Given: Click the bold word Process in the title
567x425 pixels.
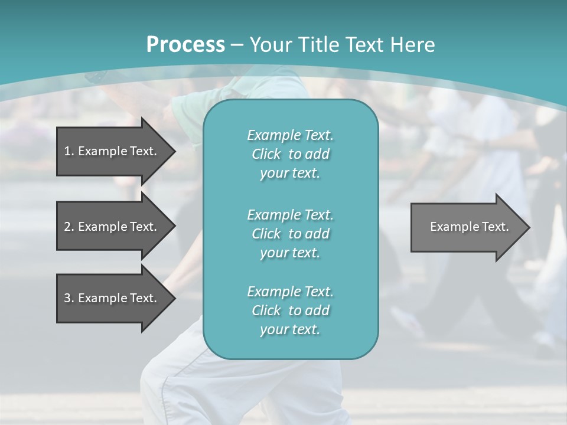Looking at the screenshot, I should pos(185,45).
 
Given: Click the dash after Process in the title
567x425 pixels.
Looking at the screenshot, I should pos(237,45).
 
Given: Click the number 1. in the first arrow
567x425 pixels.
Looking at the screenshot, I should pos(69,151).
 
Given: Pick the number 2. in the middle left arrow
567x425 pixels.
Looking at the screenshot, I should pos(69,227).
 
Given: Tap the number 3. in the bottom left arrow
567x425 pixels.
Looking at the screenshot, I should pos(69,298).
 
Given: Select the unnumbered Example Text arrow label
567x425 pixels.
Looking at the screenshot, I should pos(470,227).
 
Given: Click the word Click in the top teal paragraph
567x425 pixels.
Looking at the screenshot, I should pos(266,154).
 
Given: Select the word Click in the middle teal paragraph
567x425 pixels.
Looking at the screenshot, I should pos(266,234).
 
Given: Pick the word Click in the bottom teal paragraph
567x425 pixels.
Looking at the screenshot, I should pos(266,310).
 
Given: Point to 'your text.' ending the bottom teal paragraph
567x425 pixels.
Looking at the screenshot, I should pos(290,330).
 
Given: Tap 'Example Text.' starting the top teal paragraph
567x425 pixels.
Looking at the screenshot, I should pos(290,135).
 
